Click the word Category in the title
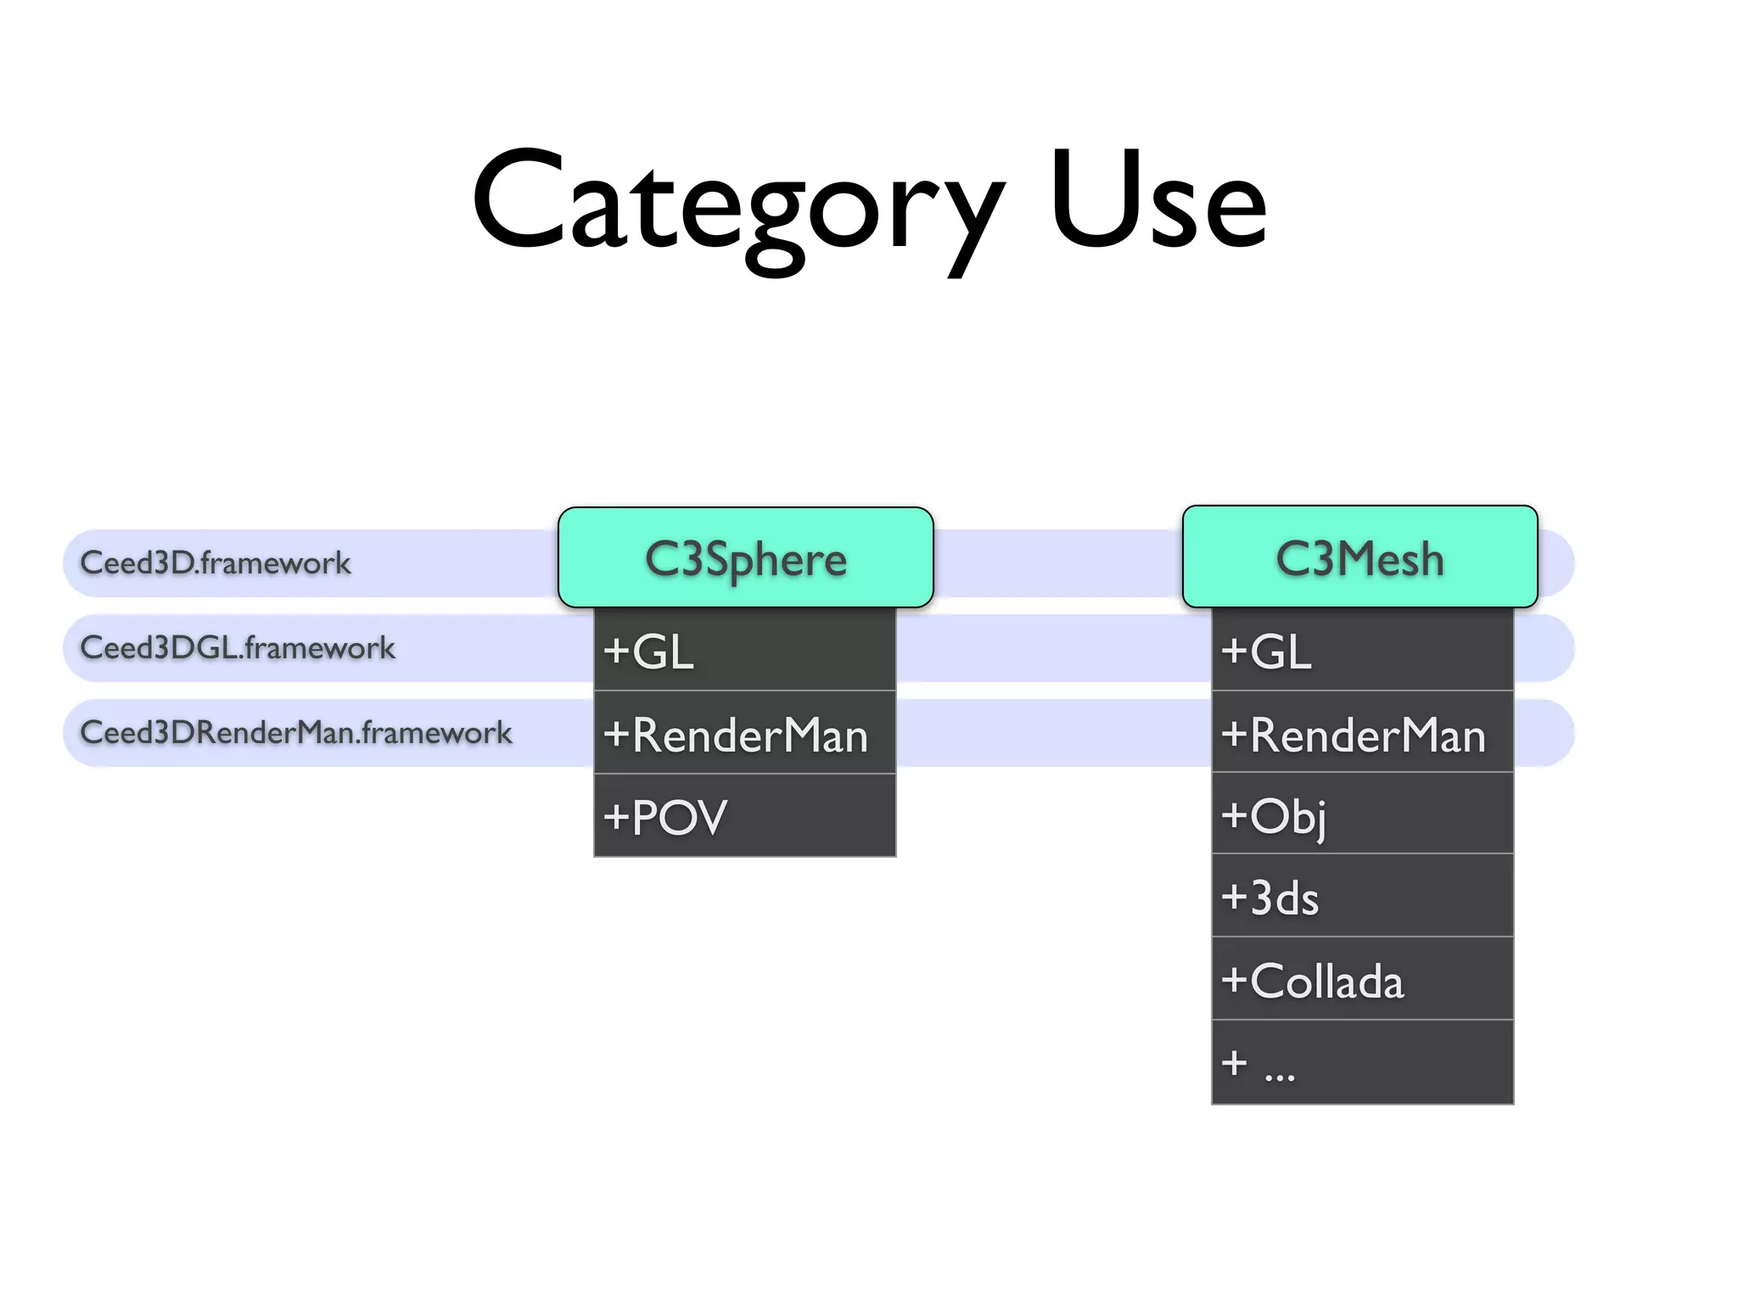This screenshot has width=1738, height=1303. [737, 204]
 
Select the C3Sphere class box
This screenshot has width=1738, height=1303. [745, 558]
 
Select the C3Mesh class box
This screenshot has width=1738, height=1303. [1360, 558]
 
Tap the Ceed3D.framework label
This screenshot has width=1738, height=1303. [216, 562]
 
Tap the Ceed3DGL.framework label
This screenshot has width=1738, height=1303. [238, 647]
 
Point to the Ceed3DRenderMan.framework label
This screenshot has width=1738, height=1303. [296, 732]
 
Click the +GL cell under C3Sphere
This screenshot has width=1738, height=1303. [744, 650]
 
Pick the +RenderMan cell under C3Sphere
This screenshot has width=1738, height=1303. [744, 733]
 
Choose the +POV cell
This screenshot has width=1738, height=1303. [744, 816]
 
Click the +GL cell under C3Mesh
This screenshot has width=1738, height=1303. [1362, 650]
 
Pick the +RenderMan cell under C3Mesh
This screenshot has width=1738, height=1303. [1362, 733]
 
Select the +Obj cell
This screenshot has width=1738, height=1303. [1362, 814]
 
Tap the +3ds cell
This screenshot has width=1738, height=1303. [1362, 897]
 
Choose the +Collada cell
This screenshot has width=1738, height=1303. [1362, 980]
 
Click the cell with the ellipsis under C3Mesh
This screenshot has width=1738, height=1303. [1362, 1062]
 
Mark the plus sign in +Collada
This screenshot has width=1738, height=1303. [1234, 981]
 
